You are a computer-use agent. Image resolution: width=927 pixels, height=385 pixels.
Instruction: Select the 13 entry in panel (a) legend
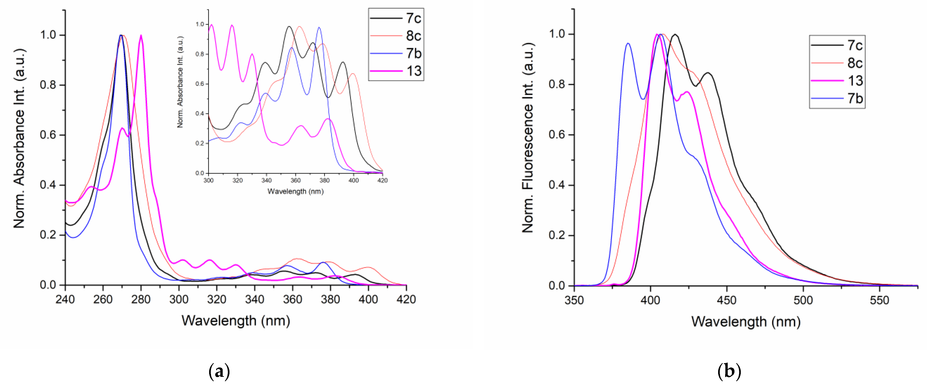coord(414,71)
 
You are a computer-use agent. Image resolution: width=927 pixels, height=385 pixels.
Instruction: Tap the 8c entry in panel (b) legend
coord(855,63)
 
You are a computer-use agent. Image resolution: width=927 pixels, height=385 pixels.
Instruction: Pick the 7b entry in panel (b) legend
coord(855,98)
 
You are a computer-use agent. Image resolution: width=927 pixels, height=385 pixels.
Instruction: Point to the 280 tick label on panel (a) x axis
coord(141,299)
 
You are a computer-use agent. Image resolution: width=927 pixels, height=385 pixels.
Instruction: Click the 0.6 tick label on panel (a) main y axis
coord(48,135)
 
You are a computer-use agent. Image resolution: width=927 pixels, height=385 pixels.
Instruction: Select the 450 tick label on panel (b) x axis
coord(727,300)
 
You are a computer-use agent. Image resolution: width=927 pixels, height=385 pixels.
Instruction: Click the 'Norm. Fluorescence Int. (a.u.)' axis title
coord(528,138)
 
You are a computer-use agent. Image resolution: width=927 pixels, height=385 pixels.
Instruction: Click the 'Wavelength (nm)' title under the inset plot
coord(295,191)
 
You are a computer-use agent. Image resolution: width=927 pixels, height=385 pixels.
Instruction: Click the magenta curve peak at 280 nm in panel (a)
coord(141,36)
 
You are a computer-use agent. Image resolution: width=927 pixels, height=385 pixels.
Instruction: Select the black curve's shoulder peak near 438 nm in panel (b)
coord(708,73)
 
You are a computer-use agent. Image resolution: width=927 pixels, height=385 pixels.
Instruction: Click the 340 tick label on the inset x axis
coord(266,180)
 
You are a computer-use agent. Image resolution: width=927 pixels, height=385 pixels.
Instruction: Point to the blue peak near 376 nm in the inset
coord(319,28)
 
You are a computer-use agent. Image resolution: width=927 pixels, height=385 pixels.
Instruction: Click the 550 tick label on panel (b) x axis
coord(879,300)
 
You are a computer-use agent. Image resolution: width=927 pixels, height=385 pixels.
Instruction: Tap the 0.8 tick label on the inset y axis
coord(200,54)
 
